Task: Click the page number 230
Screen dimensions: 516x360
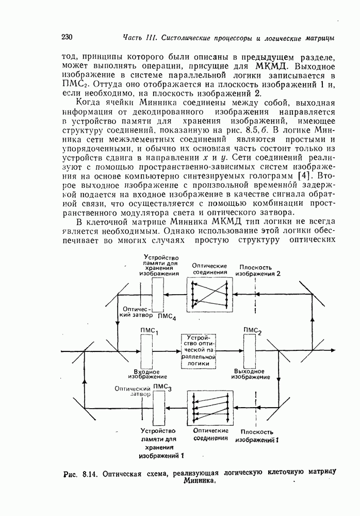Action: (x=68, y=37)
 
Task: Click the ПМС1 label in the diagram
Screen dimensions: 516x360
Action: (x=149, y=332)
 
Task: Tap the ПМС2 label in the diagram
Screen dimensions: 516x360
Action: (x=253, y=331)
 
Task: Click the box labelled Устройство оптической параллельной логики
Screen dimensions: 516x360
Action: (x=198, y=351)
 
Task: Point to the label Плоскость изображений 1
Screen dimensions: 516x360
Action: (x=257, y=436)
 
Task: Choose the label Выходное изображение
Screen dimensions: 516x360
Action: (x=250, y=374)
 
